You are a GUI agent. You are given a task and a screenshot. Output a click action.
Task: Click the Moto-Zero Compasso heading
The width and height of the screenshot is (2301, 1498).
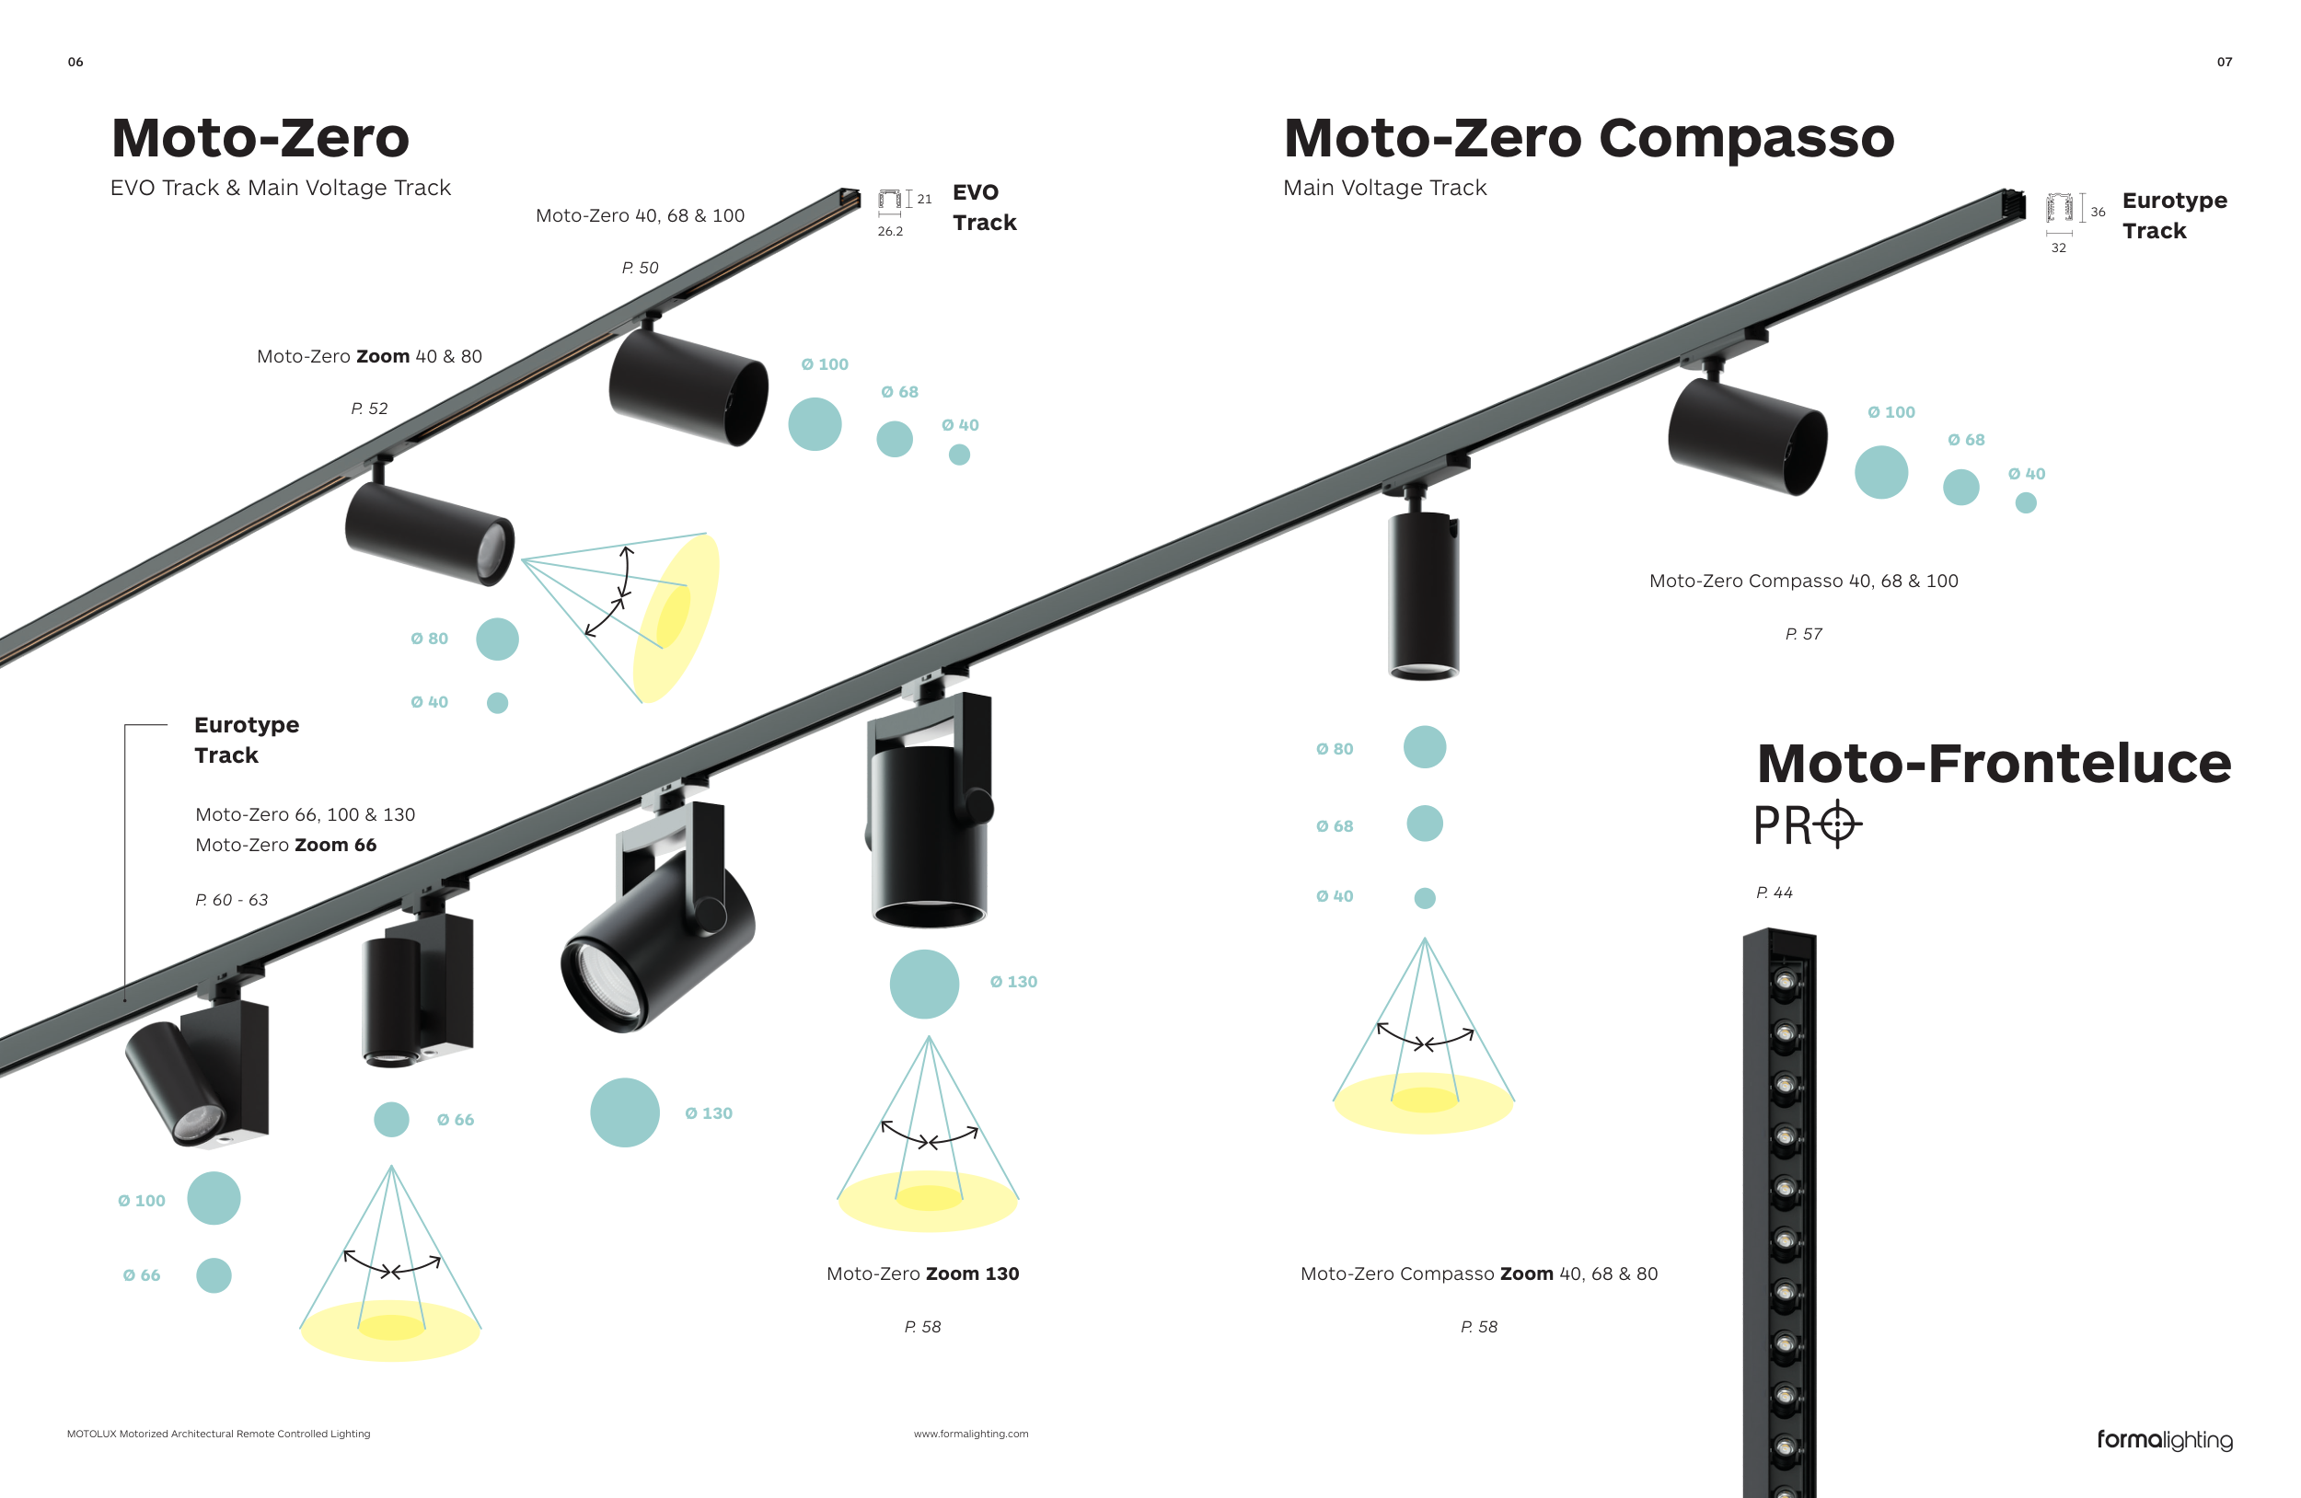coord(1588,138)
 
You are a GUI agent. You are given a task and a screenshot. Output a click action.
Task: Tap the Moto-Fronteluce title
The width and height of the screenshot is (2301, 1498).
coord(1993,764)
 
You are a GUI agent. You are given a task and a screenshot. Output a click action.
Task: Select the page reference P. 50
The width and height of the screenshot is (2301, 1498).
coord(640,268)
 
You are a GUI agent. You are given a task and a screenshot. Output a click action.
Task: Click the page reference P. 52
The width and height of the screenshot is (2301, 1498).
coord(369,409)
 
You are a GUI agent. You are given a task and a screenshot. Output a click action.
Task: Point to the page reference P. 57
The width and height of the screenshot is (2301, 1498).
coord(1803,634)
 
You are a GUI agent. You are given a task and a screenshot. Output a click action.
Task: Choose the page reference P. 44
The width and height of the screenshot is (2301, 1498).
coord(1775,893)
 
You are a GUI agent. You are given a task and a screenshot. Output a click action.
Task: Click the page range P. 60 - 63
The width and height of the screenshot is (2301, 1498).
coord(232,900)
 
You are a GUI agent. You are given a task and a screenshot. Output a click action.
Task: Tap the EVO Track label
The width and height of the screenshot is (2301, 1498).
coord(983,207)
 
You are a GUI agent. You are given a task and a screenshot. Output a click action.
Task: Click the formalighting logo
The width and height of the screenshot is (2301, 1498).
coord(2164,1440)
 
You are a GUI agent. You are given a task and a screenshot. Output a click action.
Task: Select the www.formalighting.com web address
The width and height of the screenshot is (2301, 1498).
coord(971,1435)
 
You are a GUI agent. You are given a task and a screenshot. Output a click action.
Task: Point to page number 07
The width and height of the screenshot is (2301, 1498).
coord(2224,62)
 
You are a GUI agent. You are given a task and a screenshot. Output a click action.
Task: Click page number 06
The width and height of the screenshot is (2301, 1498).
coord(75,62)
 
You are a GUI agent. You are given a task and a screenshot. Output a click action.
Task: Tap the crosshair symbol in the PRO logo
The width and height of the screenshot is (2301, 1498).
coord(1837,824)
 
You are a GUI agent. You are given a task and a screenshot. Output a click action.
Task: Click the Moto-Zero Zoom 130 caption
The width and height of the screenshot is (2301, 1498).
coord(922,1273)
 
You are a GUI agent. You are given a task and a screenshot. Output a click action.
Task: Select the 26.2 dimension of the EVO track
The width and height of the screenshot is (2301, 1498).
coord(890,232)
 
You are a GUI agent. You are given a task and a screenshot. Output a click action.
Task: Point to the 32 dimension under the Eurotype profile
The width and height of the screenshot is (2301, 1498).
coord(2058,248)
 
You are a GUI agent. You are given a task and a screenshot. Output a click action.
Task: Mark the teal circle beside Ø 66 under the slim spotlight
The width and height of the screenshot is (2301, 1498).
coord(391,1119)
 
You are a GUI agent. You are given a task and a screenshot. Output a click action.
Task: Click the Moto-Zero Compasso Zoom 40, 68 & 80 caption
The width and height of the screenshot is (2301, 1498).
coord(1478,1273)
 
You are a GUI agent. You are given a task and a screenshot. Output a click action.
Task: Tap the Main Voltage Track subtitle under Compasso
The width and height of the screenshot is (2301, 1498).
coord(1384,188)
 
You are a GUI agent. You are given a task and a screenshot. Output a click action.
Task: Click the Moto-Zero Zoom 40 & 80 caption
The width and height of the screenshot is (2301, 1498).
coord(369,357)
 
